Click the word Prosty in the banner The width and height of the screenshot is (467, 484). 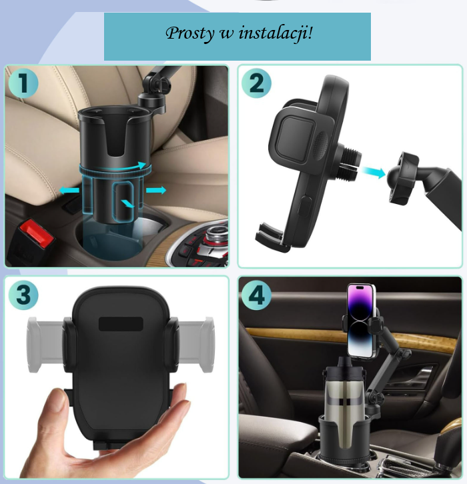pos(189,33)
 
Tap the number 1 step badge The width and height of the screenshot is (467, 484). pos(23,83)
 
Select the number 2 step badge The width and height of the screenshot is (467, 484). pos(256,83)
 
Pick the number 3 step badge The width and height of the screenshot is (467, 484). pos(23,294)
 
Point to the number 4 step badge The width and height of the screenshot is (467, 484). pos(256,294)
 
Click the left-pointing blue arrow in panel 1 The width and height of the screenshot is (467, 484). pos(69,190)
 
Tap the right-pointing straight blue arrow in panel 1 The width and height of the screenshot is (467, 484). pos(156,190)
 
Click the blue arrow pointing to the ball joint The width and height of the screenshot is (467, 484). pos(374,171)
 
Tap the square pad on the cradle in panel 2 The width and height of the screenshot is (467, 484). pos(296,138)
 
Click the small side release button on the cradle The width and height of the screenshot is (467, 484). pos(305,205)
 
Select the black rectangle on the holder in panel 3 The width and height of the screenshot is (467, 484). pos(121,324)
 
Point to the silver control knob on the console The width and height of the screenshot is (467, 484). pos(215,233)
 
